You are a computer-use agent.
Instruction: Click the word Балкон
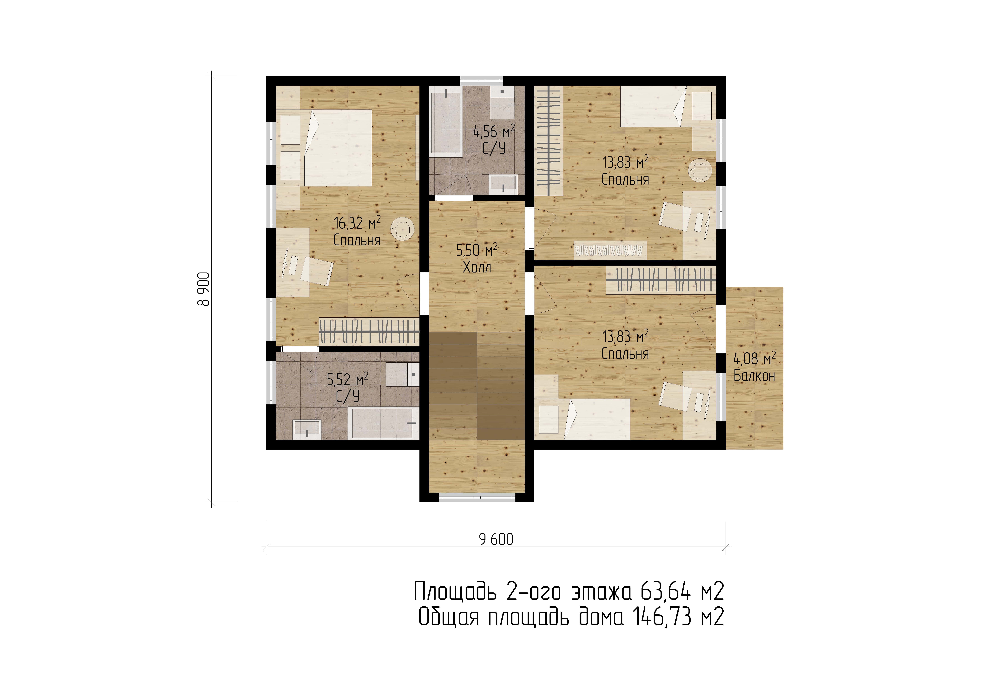pyautogui.click(x=754, y=375)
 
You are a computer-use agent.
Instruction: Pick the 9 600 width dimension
pyautogui.click(x=496, y=540)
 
